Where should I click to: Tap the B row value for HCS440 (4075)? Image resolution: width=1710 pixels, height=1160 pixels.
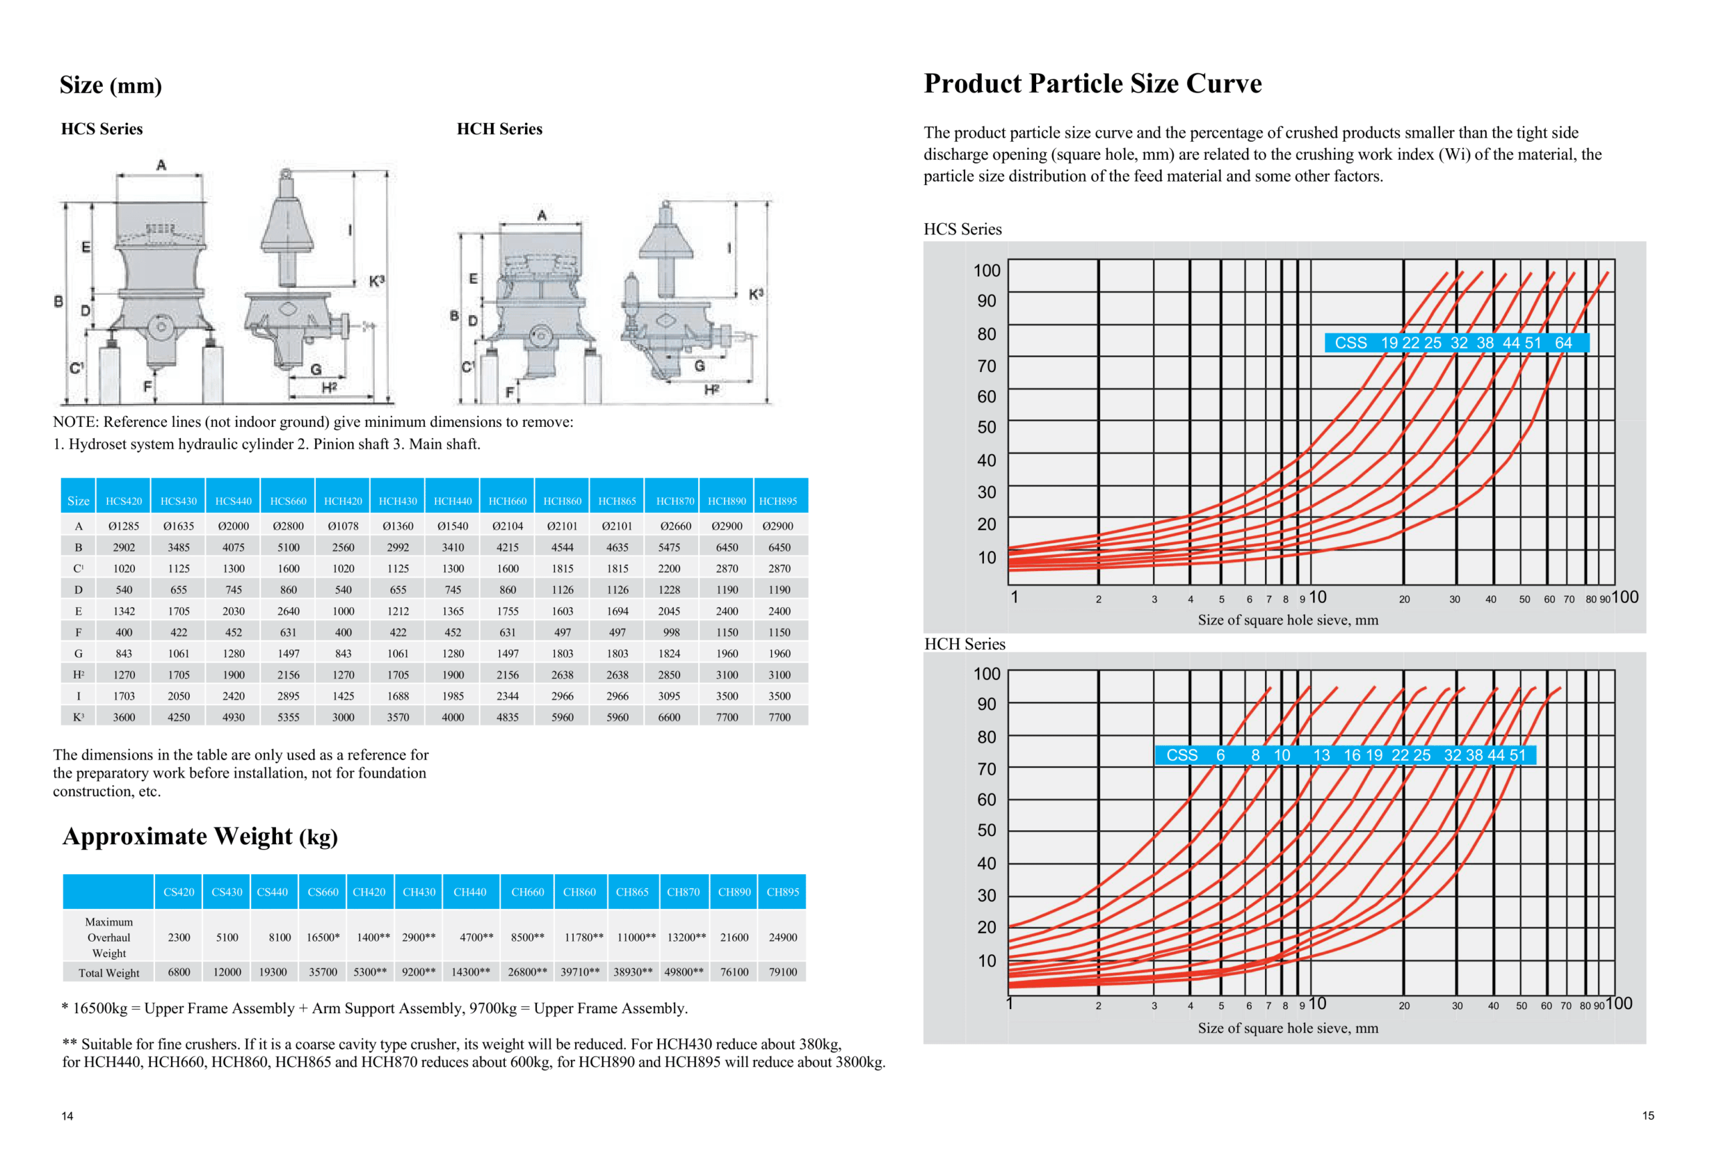(x=233, y=547)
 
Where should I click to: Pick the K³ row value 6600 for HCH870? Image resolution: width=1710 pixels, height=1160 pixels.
(x=669, y=717)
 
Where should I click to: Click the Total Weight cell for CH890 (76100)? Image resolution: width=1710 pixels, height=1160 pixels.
(x=733, y=972)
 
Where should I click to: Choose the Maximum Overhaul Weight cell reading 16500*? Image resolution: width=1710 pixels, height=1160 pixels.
(x=323, y=937)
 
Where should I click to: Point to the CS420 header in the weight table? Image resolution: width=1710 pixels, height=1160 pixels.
(x=179, y=892)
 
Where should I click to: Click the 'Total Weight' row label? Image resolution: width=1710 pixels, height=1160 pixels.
(x=109, y=972)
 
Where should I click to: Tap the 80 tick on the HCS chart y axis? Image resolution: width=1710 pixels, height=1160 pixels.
(x=986, y=334)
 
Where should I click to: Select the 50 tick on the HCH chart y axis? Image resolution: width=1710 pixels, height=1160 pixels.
(x=986, y=831)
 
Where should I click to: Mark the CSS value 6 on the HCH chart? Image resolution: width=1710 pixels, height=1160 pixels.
(x=1220, y=755)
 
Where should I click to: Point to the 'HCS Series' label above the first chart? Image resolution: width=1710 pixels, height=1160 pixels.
(x=963, y=229)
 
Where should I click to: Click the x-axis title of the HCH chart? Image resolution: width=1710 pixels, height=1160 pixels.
(x=1288, y=1028)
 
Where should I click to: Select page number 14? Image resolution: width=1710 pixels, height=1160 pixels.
(x=67, y=1116)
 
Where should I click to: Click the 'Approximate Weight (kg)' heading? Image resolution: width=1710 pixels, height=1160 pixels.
(x=200, y=836)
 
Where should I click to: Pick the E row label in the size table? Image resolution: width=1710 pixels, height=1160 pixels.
(x=78, y=611)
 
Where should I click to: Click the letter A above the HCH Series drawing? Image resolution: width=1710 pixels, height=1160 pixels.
(x=542, y=216)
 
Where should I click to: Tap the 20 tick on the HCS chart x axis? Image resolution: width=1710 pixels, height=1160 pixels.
(x=1404, y=600)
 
